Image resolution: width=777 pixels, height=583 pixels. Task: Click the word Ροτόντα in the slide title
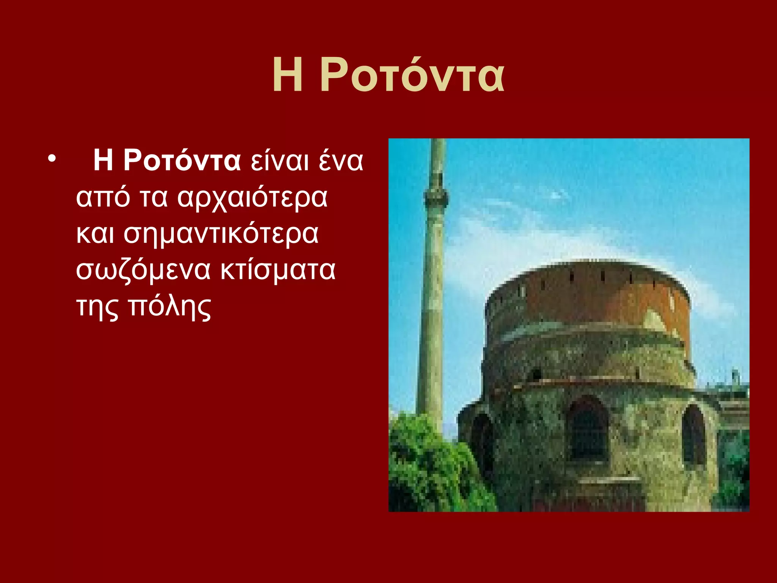412,75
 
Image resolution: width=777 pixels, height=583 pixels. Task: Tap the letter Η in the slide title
288,75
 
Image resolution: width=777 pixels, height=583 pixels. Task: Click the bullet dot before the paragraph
52,158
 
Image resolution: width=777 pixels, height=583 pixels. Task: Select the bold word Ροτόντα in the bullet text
182,160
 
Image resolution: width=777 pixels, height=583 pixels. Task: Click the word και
95,234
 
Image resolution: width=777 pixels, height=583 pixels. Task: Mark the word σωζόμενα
143,270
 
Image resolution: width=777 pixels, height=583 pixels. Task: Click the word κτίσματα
278,270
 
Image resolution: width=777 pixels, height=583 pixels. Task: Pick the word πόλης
169,307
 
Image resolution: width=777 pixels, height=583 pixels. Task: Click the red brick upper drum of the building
588,296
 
